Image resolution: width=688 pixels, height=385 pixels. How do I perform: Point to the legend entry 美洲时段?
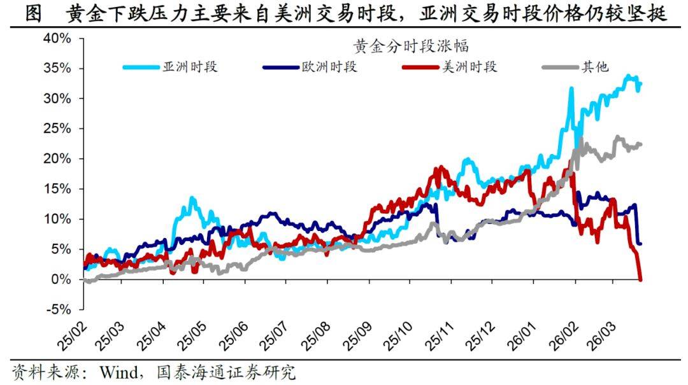pos(469,67)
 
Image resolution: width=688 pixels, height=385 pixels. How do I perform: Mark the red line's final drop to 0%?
pos(639,278)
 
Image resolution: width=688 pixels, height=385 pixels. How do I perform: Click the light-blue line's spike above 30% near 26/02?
pos(571,89)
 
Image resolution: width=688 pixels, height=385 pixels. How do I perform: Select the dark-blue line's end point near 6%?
pos(640,243)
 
